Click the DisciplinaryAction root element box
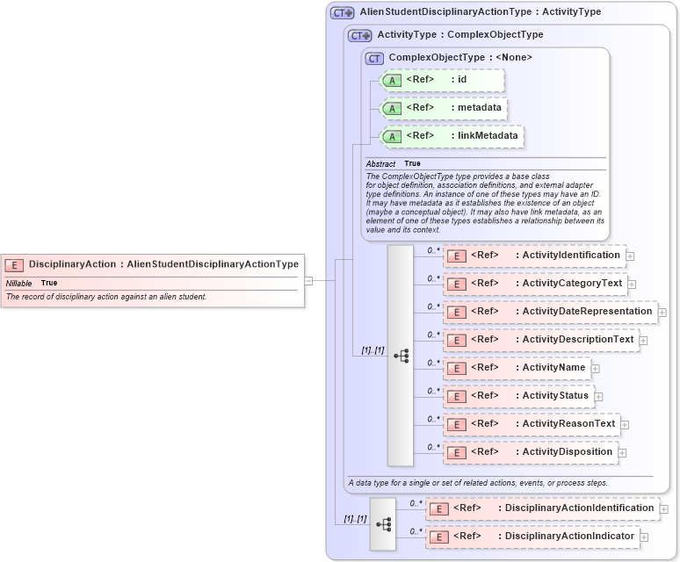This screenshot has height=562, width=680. point(153,263)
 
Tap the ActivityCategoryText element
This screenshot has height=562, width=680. point(534,284)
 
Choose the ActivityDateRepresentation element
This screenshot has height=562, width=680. point(549,312)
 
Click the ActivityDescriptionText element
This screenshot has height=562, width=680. point(539,340)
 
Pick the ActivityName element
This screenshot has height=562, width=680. point(516,368)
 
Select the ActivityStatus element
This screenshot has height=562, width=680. point(517,396)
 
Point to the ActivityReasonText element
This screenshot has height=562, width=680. point(531,424)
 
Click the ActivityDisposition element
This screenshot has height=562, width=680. point(529,452)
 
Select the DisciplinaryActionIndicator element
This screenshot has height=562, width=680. point(531,537)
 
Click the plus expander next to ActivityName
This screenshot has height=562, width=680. point(595,369)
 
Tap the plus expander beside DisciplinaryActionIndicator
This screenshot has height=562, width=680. point(644,537)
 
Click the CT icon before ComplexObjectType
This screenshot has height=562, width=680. point(375,58)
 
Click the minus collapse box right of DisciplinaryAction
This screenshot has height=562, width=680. point(308,281)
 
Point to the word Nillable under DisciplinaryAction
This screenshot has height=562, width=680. point(19,284)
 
